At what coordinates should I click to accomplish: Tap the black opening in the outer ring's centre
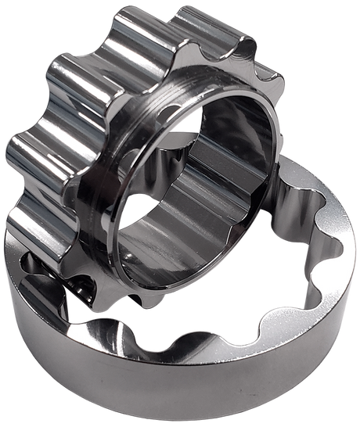point(235,313)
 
